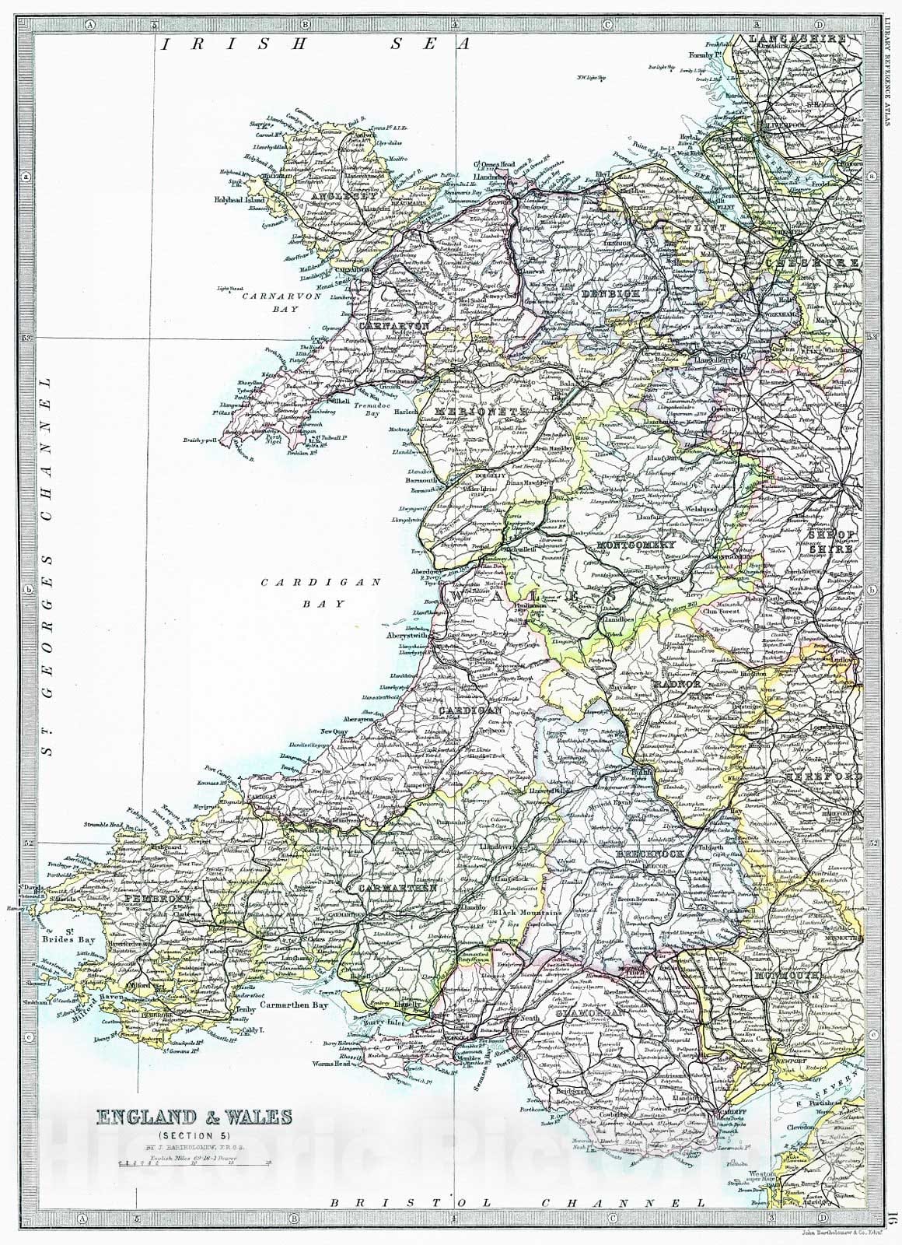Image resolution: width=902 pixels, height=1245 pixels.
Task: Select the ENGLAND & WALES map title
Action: pos(194,1118)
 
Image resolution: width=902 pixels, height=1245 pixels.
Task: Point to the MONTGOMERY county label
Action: pos(635,546)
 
